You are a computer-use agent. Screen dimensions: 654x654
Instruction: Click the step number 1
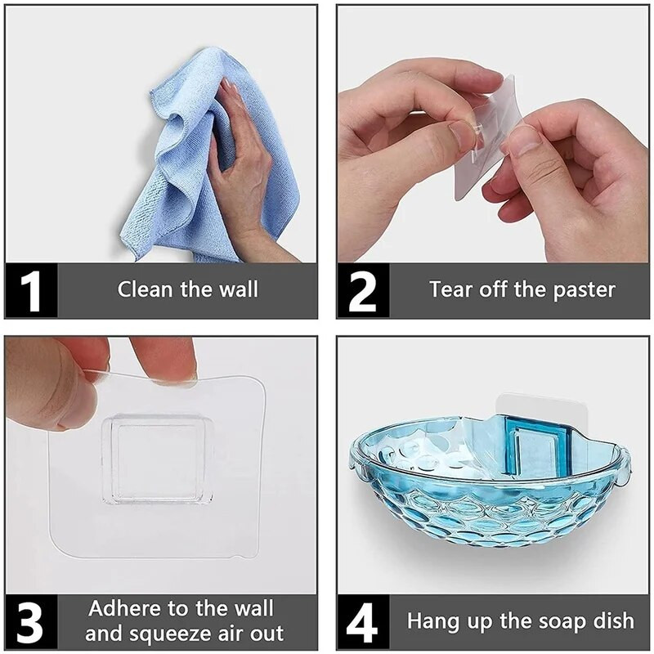coord(30,291)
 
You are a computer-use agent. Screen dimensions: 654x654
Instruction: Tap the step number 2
coord(362,291)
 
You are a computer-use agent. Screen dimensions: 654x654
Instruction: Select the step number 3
coord(30,622)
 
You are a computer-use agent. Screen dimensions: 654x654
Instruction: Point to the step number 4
coord(362,622)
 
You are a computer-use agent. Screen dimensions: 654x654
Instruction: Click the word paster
coord(584,291)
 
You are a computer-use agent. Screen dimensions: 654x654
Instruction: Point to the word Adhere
coord(125,608)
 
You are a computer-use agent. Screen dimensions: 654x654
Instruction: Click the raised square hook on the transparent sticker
coord(158,459)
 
